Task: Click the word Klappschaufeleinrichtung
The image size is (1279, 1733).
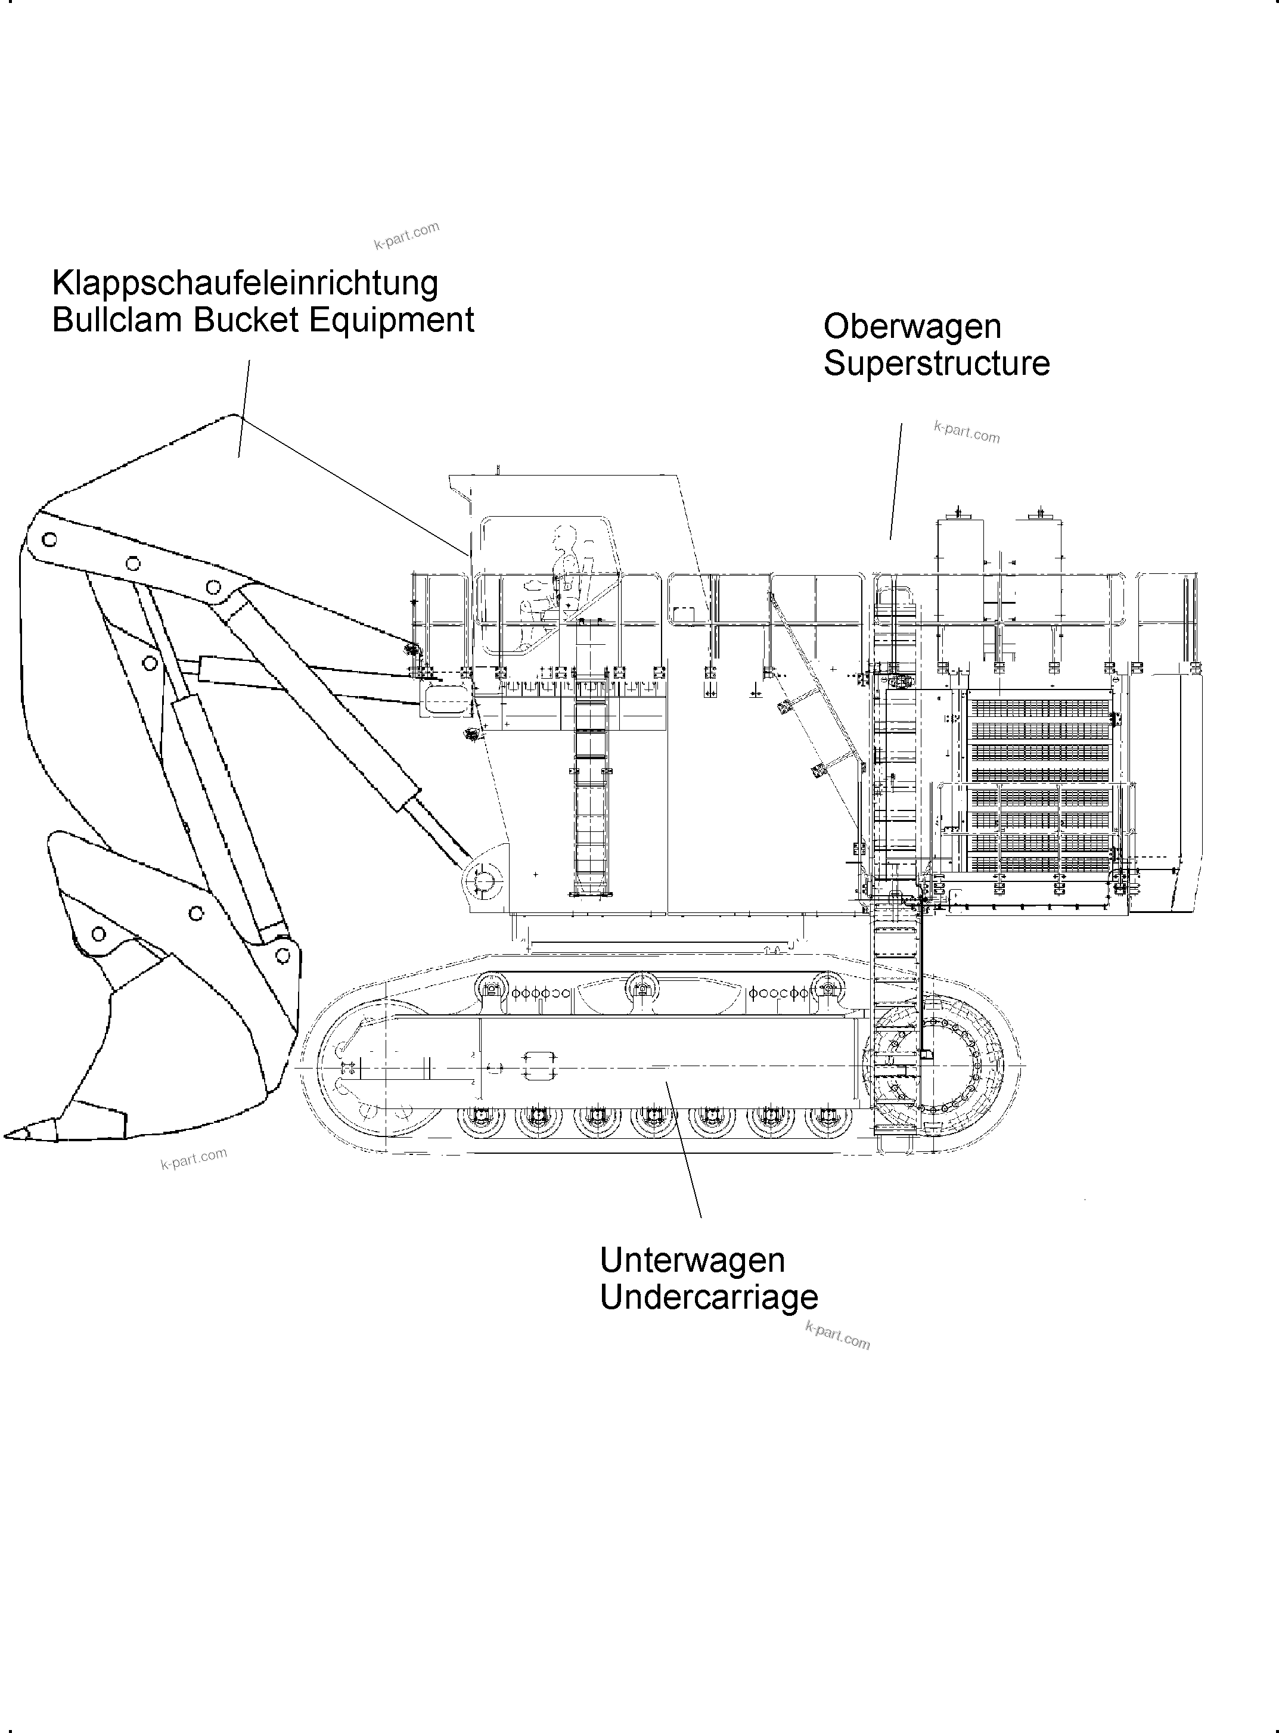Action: [x=244, y=283]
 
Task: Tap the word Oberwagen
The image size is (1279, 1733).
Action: [x=911, y=326]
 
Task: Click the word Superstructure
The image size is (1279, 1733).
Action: [x=936, y=363]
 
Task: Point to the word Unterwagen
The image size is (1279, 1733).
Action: [x=691, y=1260]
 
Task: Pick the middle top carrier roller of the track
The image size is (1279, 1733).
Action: [x=639, y=989]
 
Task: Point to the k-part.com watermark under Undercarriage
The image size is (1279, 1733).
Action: [x=838, y=1337]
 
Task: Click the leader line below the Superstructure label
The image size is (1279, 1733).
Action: [x=896, y=480]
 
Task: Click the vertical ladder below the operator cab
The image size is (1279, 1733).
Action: [x=591, y=797]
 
